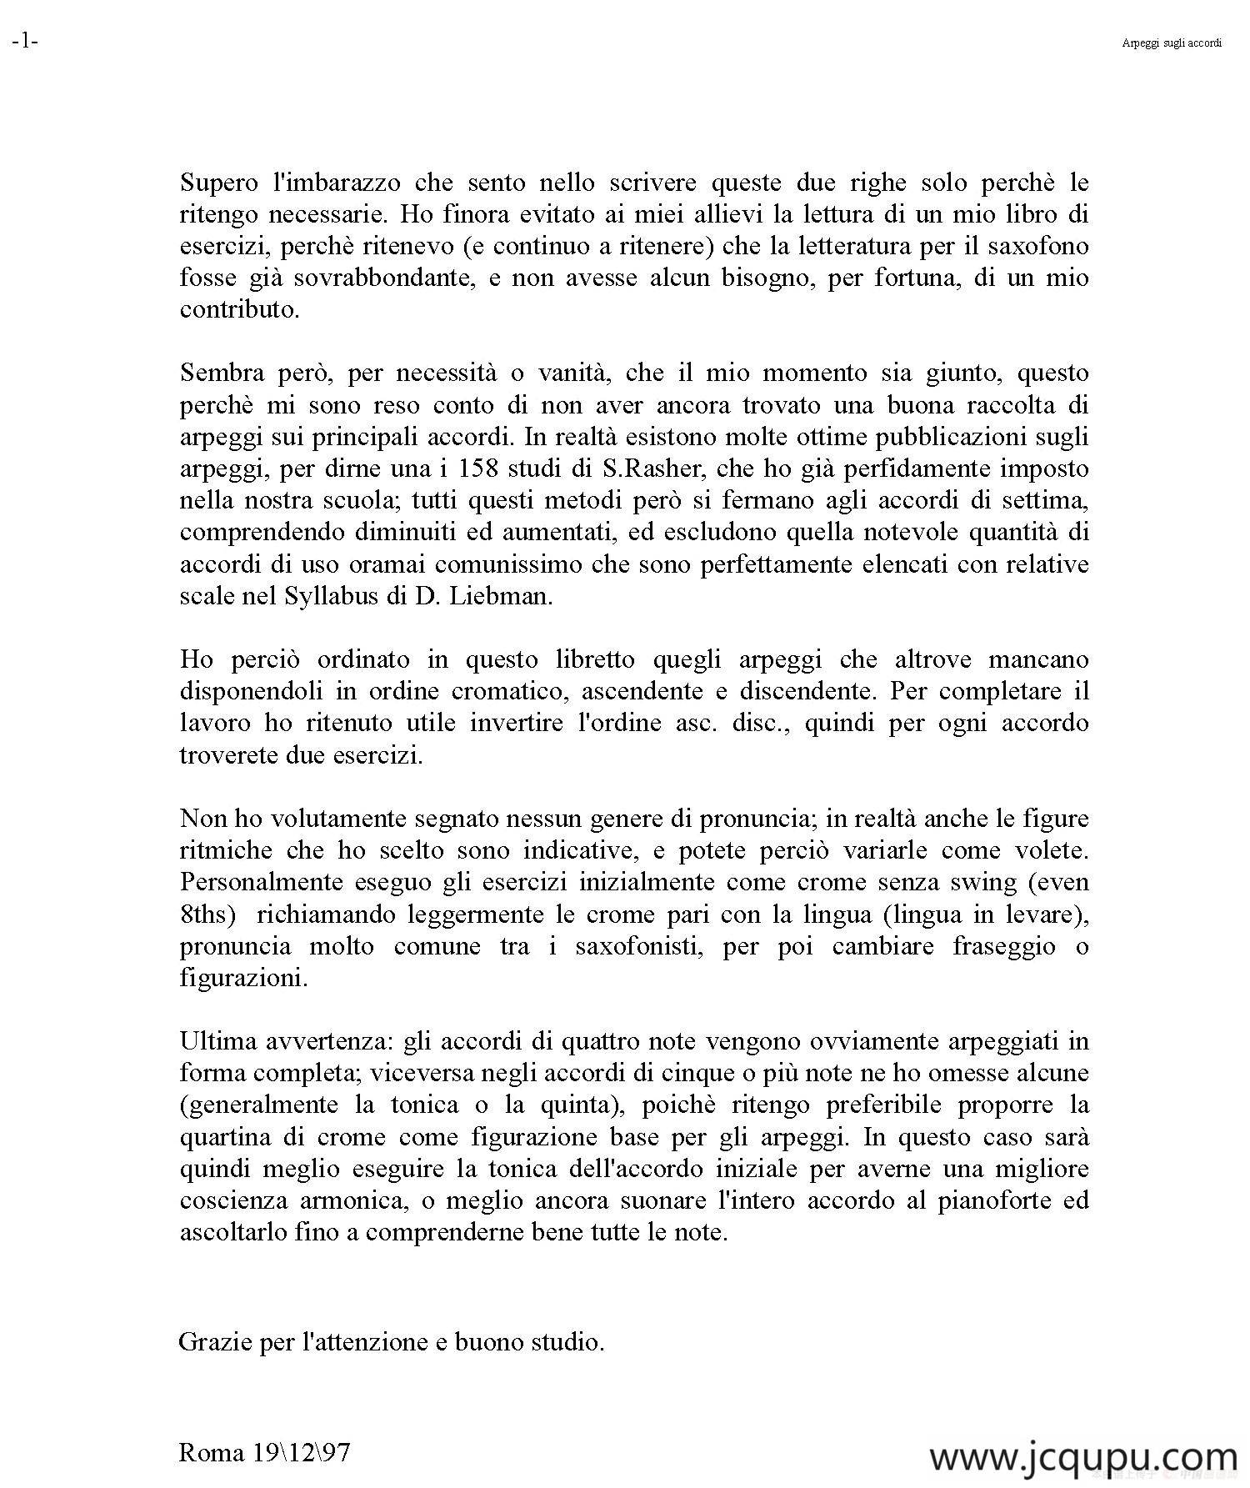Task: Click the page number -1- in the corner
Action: point(25,42)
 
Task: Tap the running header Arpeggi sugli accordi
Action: point(1171,43)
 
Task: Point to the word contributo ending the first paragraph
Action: point(238,309)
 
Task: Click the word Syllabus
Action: point(336,597)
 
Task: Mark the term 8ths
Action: point(203,914)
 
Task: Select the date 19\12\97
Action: point(298,1454)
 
